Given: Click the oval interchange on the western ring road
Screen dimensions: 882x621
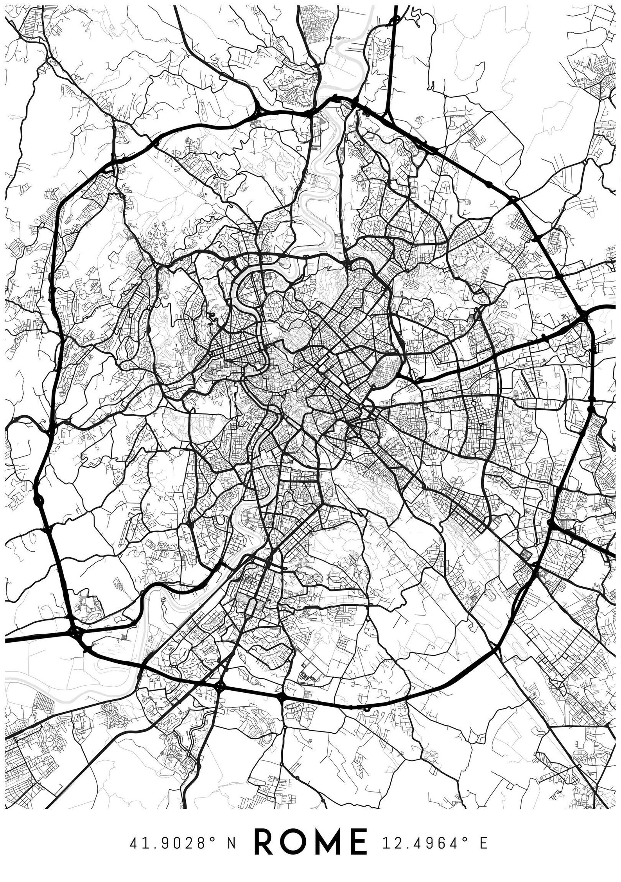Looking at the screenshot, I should point(38,499).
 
